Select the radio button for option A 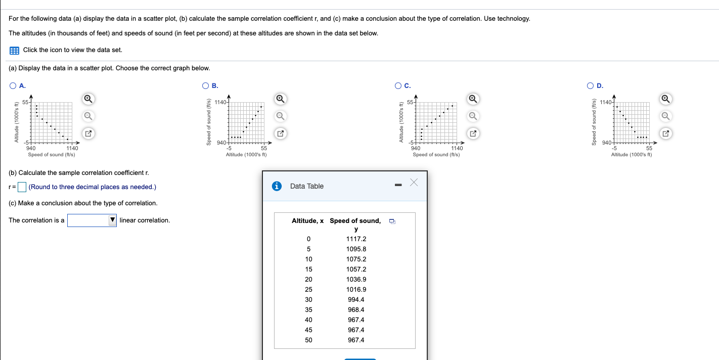(12, 85)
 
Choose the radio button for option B (205, 85)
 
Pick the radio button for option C (398, 85)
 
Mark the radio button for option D (591, 85)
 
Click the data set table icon (14, 50)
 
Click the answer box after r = (22, 187)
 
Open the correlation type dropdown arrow (112, 220)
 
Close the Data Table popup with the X (414, 183)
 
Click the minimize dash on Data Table (397, 186)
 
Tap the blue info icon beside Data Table (277, 186)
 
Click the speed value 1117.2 (356, 239)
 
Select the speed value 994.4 (356, 300)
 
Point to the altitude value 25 (308, 290)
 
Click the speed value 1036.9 (356, 280)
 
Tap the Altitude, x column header (307, 221)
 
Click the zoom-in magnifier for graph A (88, 98)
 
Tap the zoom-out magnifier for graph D (666, 116)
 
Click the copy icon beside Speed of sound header (392, 221)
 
